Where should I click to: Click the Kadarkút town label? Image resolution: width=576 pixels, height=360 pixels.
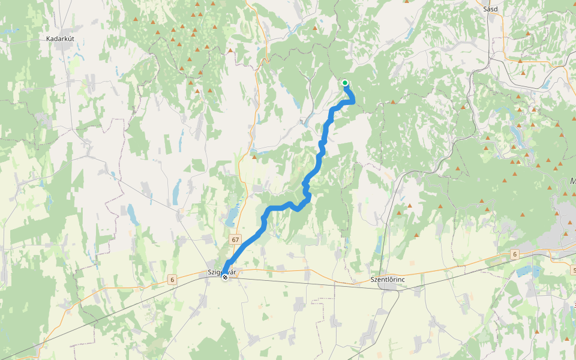(x=64, y=38)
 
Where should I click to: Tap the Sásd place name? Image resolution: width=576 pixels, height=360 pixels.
(x=491, y=9)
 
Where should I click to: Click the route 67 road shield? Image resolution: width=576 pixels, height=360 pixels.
(x=235, y=239)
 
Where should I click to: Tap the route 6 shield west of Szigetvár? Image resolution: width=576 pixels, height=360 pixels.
(x=172, y=280)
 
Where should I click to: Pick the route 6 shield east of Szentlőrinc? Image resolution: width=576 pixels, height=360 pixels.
(x=514, y=254)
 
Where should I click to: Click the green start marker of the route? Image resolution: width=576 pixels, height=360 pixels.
(x=345, y=83)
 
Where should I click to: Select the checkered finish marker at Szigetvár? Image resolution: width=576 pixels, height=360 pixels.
(x=225, y=277)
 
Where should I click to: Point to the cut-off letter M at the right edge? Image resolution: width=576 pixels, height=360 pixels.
(x=572, y=181)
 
